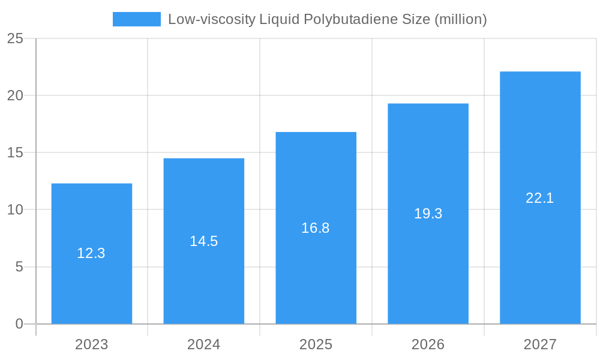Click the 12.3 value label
(x=91, y=253)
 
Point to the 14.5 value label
(x=204, y=241)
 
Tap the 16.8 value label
(x=316, y=228)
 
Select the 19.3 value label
(x=428, y=214)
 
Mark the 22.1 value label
(x=540, y=198)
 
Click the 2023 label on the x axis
(x=92, y=344)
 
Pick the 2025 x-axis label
(x=316, y=344)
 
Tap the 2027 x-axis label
(x=540, y=344)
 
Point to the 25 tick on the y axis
(x=15, y=38)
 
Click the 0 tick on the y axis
(x=19, y=324)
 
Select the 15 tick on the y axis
(x=15, y=152)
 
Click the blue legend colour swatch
(x=137, y=19)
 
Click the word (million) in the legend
(x=460, y=19)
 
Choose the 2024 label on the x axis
(x=204, y=344)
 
